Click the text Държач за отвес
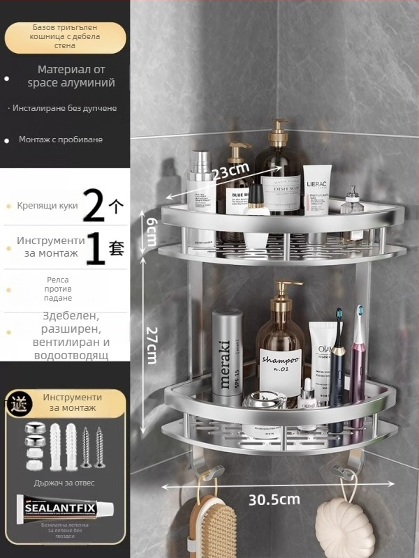64,482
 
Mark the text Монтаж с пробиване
61,139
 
